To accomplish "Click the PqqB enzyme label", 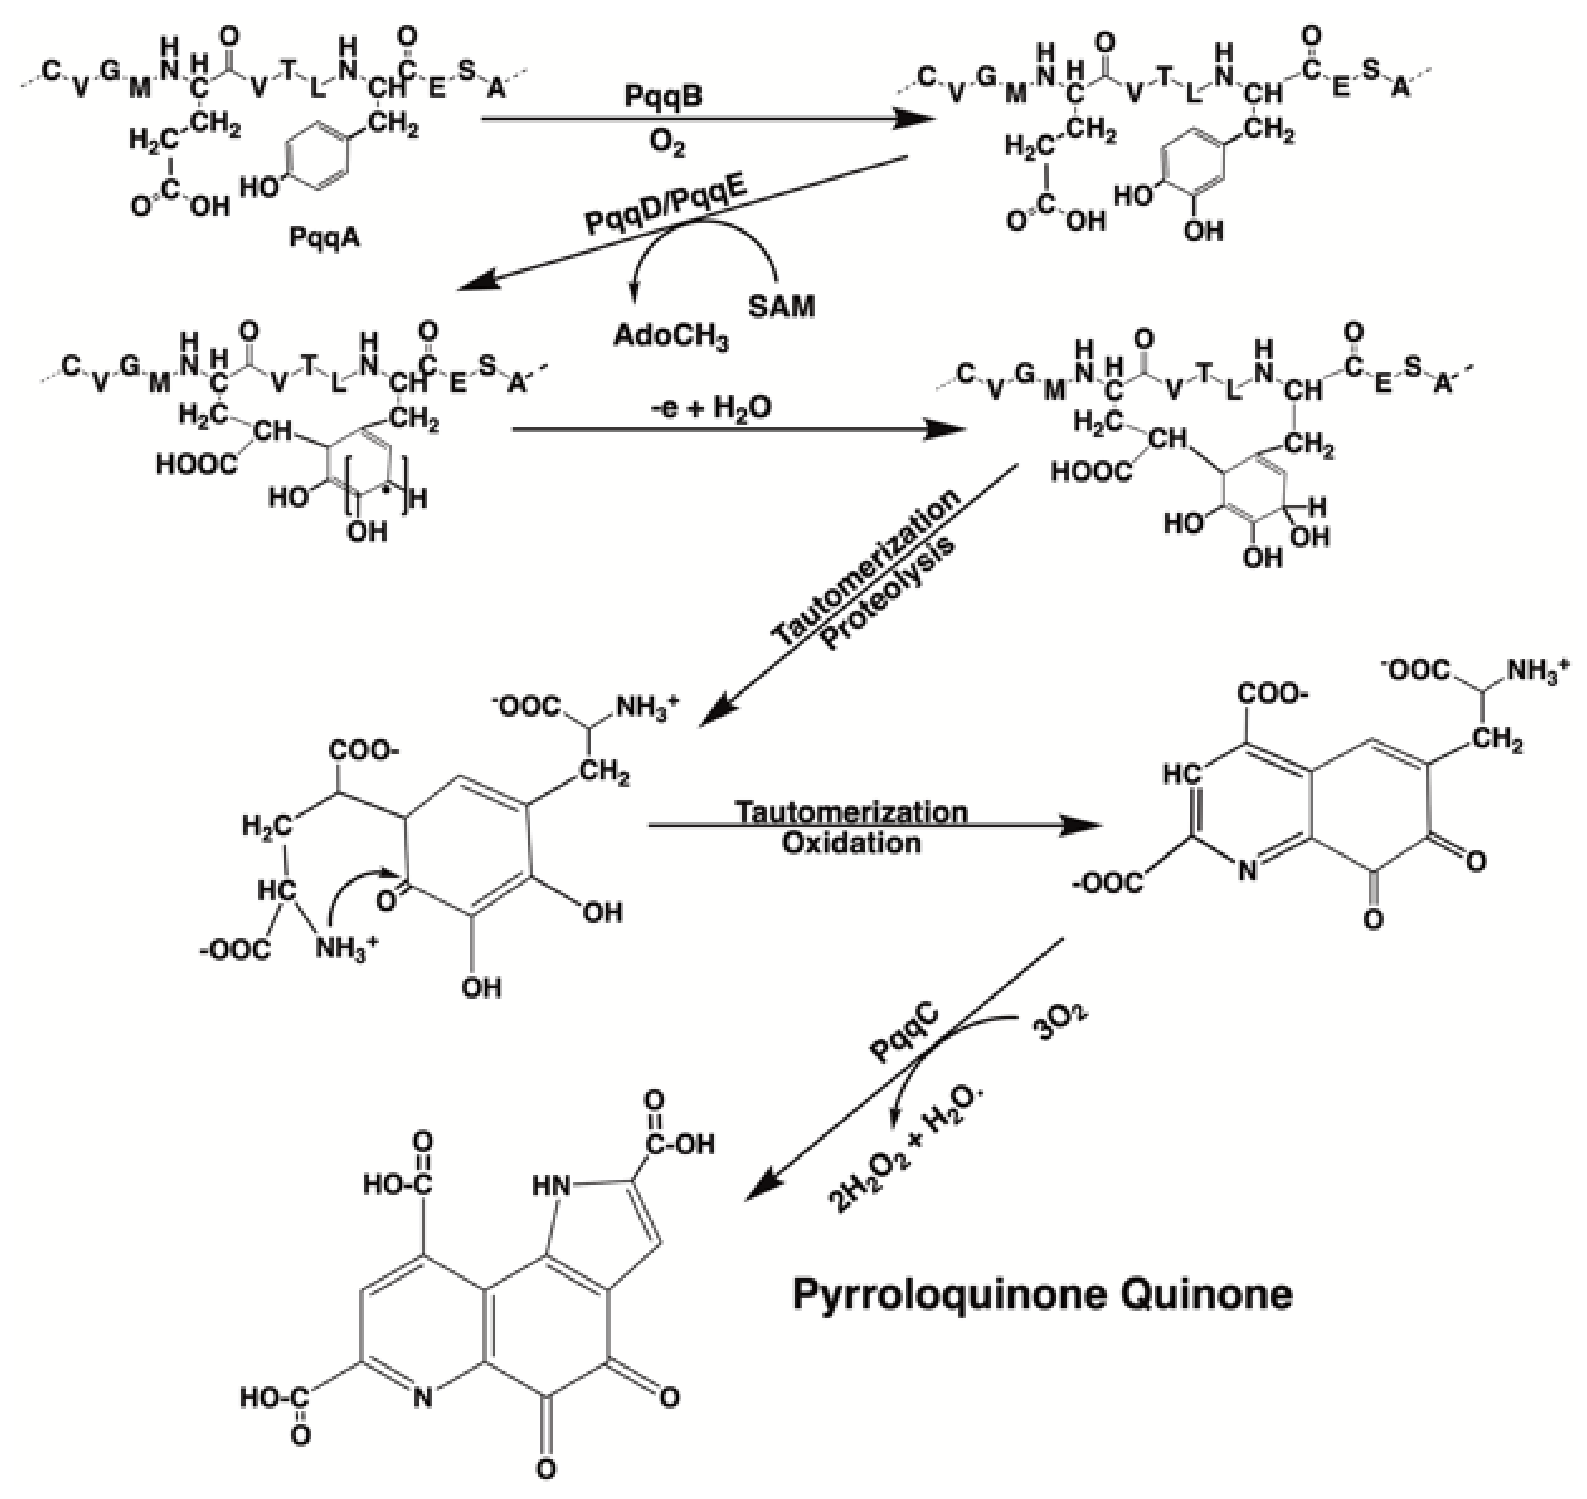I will (663, 98).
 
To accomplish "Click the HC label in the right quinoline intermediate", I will (1182, 774).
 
